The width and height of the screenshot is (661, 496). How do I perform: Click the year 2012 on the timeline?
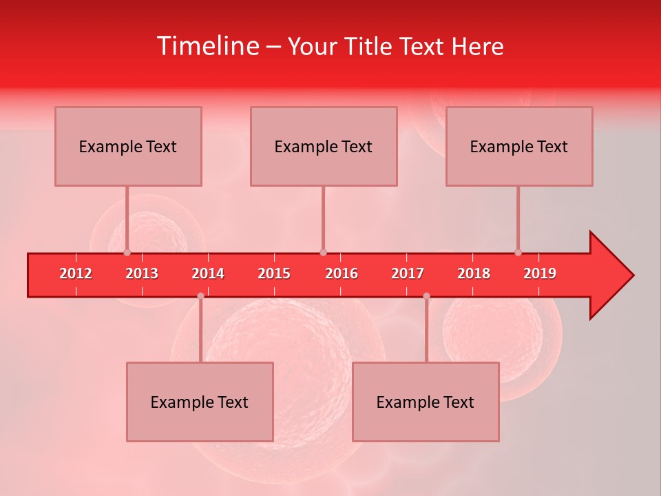pos(76,273)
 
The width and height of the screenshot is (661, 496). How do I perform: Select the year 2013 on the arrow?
pos(142,273)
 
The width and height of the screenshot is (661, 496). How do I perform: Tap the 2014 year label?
pos(208,273)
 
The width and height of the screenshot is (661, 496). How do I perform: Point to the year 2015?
pos(274,273)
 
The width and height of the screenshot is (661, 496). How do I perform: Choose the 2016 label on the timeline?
pos(342,273)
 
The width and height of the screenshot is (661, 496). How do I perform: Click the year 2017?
pos(408,273)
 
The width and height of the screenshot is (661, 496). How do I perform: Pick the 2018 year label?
pos(474,273)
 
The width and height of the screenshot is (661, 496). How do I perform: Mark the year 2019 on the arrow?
pos(540,273)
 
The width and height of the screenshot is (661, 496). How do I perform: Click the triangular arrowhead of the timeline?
pos(610,275)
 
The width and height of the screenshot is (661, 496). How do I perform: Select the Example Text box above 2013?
pos(128,147)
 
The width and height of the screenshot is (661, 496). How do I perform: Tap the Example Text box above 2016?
pos(324,147)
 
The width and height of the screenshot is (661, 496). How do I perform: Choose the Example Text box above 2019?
pos(519,147)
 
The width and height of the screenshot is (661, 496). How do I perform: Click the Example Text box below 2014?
pos(200,402)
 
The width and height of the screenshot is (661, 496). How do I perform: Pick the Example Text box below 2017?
pos(426,402)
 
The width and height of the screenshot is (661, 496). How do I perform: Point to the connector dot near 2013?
pos(127,252)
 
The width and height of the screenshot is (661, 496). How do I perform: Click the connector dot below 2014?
pos(200,296)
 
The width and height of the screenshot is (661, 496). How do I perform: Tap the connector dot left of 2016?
pos(323,252)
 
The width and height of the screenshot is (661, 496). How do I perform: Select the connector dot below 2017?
pos(426,296)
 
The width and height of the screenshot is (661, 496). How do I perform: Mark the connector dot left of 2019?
pos(518,252)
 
